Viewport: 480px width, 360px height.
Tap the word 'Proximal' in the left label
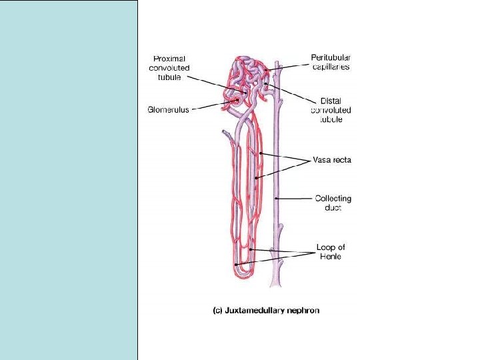[169, 59]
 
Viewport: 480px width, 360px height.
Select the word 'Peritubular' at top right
[331, 57]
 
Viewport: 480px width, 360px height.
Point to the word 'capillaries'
[331, 67]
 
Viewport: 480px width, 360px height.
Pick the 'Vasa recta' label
[332, 160]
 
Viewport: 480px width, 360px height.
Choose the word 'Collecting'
[333, 199]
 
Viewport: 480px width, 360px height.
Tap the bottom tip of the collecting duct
[274, 285]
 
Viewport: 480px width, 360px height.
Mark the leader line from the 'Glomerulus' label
[210, 107]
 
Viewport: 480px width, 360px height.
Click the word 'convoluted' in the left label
[169, 67]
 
